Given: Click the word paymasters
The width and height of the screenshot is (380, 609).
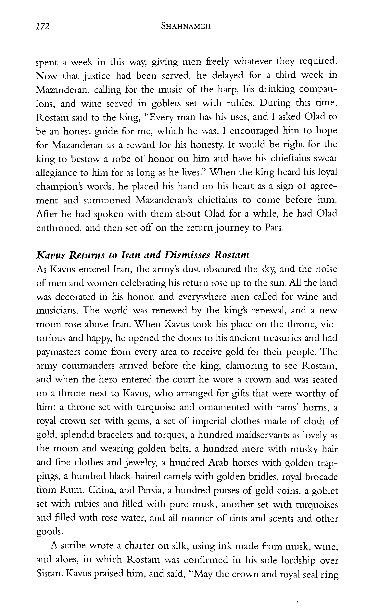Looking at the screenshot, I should click(x=58, y=352).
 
